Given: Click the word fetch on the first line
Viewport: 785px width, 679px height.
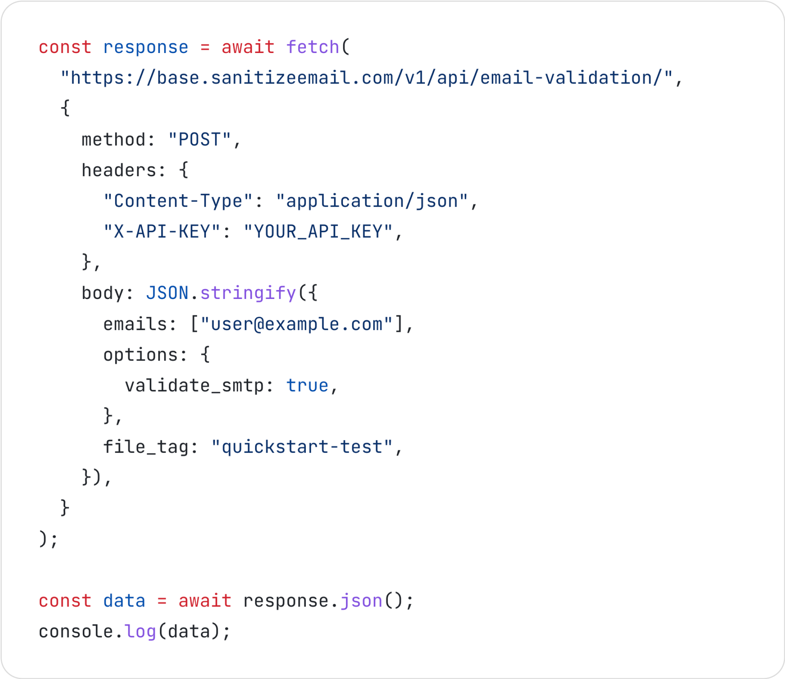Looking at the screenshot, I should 313,48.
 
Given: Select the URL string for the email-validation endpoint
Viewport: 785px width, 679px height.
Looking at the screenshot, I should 367,78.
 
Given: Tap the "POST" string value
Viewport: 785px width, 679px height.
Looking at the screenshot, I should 200,140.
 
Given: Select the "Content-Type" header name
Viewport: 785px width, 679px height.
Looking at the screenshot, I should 178,201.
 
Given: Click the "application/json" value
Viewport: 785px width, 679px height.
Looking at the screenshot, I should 372,201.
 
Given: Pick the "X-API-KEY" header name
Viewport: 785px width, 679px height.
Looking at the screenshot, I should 162,232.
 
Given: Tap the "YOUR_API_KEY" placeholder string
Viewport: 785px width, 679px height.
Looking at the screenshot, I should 318,232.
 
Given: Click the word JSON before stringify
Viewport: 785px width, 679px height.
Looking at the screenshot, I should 167,293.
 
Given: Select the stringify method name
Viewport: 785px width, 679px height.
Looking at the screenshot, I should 248,293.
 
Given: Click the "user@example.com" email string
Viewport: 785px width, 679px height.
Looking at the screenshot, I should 297,324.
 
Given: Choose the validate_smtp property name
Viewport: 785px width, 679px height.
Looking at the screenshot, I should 194,385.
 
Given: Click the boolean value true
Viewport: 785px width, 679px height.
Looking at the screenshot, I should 307,385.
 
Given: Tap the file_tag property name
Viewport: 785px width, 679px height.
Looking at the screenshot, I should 146,447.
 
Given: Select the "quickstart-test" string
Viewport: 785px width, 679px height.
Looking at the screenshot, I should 302,447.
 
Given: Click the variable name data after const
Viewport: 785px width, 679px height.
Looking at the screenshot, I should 124,601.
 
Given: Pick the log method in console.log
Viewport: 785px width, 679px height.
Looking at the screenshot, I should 140,631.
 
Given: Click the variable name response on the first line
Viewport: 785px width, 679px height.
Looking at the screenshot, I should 146,48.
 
